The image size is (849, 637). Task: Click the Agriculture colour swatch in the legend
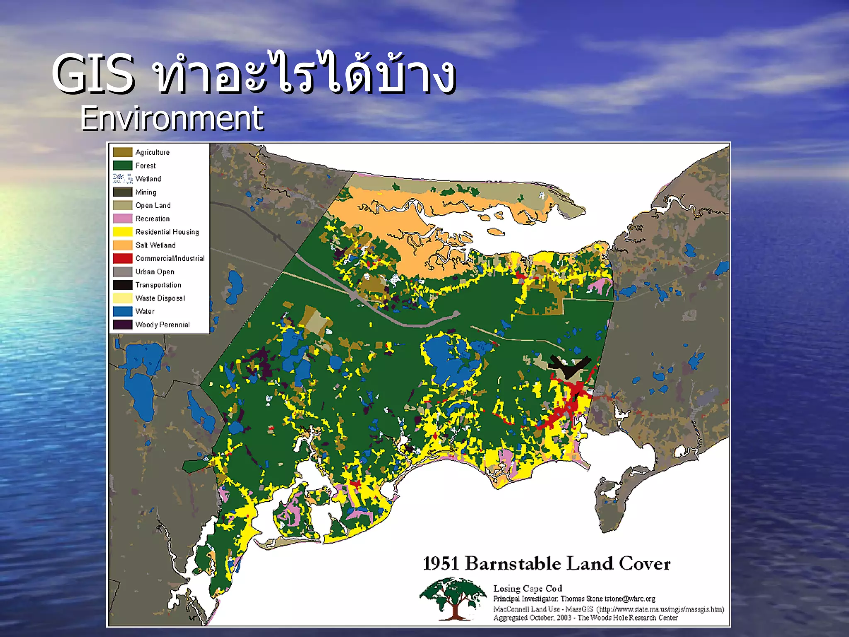pyautogui.click(x=123, y=152)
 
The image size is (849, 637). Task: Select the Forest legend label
pyautogui.click(x=146, y=165)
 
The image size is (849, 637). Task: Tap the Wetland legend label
pyautogui.click(x=148, y=179)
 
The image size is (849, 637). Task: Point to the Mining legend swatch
pyautogui.click(x=123, y=192)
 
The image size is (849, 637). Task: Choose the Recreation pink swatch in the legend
pyautogui.click(x=123, y=219)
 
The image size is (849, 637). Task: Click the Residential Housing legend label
pyautogui.click(x=167, y=232)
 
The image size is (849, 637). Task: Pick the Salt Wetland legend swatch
pyautogui.click(x=123, y=245)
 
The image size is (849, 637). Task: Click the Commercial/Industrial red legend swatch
pyautogui.click(x=123, y=258)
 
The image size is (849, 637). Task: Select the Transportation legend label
pyautogui.click(x=158, y=285)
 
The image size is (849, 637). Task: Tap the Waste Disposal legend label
pyautogui.click(x=160, y=298)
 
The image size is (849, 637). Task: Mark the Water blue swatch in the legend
pyautogui.click(x=123, y=311)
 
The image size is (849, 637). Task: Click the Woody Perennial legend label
pyautogui.click(x=163, y=325)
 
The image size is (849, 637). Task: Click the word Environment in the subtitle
pyautogui.click(x=172, y=119)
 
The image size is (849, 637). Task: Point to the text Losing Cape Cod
pyautogui.click(x=527, y=588)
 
